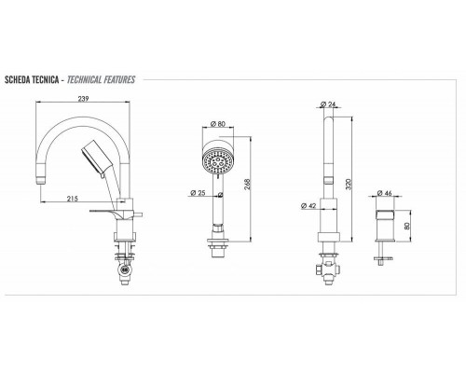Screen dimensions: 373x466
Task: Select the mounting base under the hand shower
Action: (x=217, y=248)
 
